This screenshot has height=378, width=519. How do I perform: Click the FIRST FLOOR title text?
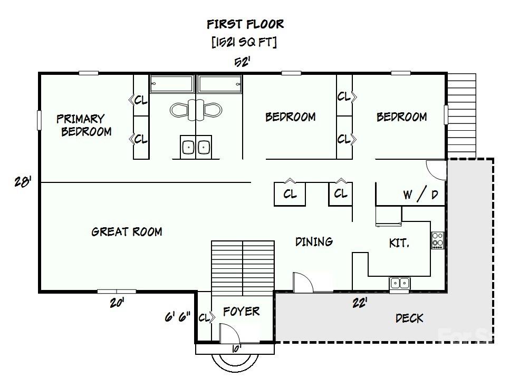[x=245, y=24]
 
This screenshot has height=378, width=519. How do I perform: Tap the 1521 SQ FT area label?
[x=244, y=43]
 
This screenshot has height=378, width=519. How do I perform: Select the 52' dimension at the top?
[x=242, y=62]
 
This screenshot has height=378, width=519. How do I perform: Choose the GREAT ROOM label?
[x=127, y=231]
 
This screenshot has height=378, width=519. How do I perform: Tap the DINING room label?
[x=314, y=241]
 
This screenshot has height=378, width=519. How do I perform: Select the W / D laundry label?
[x=420, y=195]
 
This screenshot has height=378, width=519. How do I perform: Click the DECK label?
[x=409, y=318]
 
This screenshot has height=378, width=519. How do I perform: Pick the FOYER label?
[x=241, y=311]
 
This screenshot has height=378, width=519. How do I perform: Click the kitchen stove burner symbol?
[x=437, y=240]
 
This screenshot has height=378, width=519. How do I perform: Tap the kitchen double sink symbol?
[x=400, y=284]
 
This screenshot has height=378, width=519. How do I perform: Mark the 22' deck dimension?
[x=360, y=303]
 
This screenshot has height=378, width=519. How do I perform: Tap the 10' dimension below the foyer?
[x=235, y=348]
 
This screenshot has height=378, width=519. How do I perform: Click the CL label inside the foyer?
[x=204, y=317]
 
